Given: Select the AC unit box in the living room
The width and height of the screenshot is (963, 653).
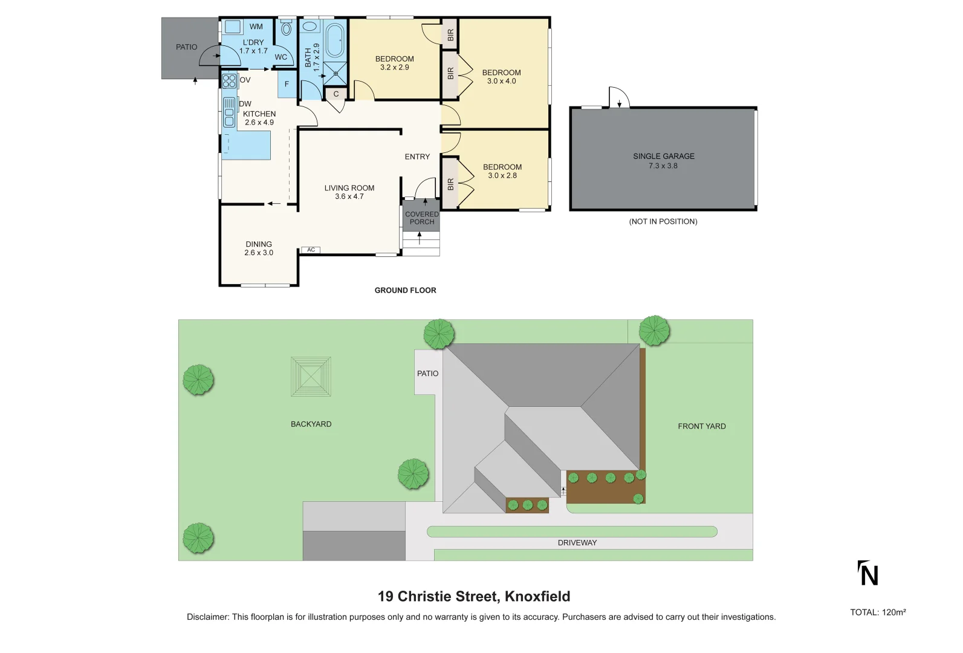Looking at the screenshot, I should tap(311, 250).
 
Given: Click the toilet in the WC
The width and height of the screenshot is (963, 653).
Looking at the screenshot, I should tap(287, 28).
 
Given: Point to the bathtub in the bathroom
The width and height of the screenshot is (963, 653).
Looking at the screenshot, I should tap(334, 40).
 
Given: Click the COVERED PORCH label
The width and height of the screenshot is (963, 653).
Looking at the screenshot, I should tap(421, 218).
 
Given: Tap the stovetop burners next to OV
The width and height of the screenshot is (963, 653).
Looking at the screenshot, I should tap(229, 80).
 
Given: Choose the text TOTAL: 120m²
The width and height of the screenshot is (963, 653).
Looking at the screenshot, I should tap(878, 612).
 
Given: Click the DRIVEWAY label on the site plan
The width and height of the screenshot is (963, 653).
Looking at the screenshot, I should tap(577, 542).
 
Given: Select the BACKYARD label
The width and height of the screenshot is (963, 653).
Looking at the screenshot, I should tap(311, 424).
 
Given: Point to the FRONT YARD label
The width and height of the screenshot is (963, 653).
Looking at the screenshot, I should tap(701, 426).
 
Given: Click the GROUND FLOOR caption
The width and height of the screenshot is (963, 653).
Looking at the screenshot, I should tap(405, 290).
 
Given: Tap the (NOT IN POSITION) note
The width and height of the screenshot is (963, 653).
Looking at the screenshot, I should tap(663, 221).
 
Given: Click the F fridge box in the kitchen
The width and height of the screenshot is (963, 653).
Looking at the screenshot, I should tap(287, 84).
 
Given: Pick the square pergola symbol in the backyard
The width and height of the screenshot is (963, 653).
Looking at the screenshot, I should tap(311, 377).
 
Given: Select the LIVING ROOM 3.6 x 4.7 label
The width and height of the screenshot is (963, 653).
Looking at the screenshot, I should tap(349, 192).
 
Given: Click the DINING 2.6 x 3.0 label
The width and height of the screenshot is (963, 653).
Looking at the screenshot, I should tap(259, 249).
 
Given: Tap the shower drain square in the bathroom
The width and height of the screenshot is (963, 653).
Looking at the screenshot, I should tap(335, 74).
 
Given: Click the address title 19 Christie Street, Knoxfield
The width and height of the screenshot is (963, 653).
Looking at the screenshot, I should tap(474, 596).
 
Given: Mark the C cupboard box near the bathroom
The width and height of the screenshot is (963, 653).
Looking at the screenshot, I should tap(336, 94).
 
